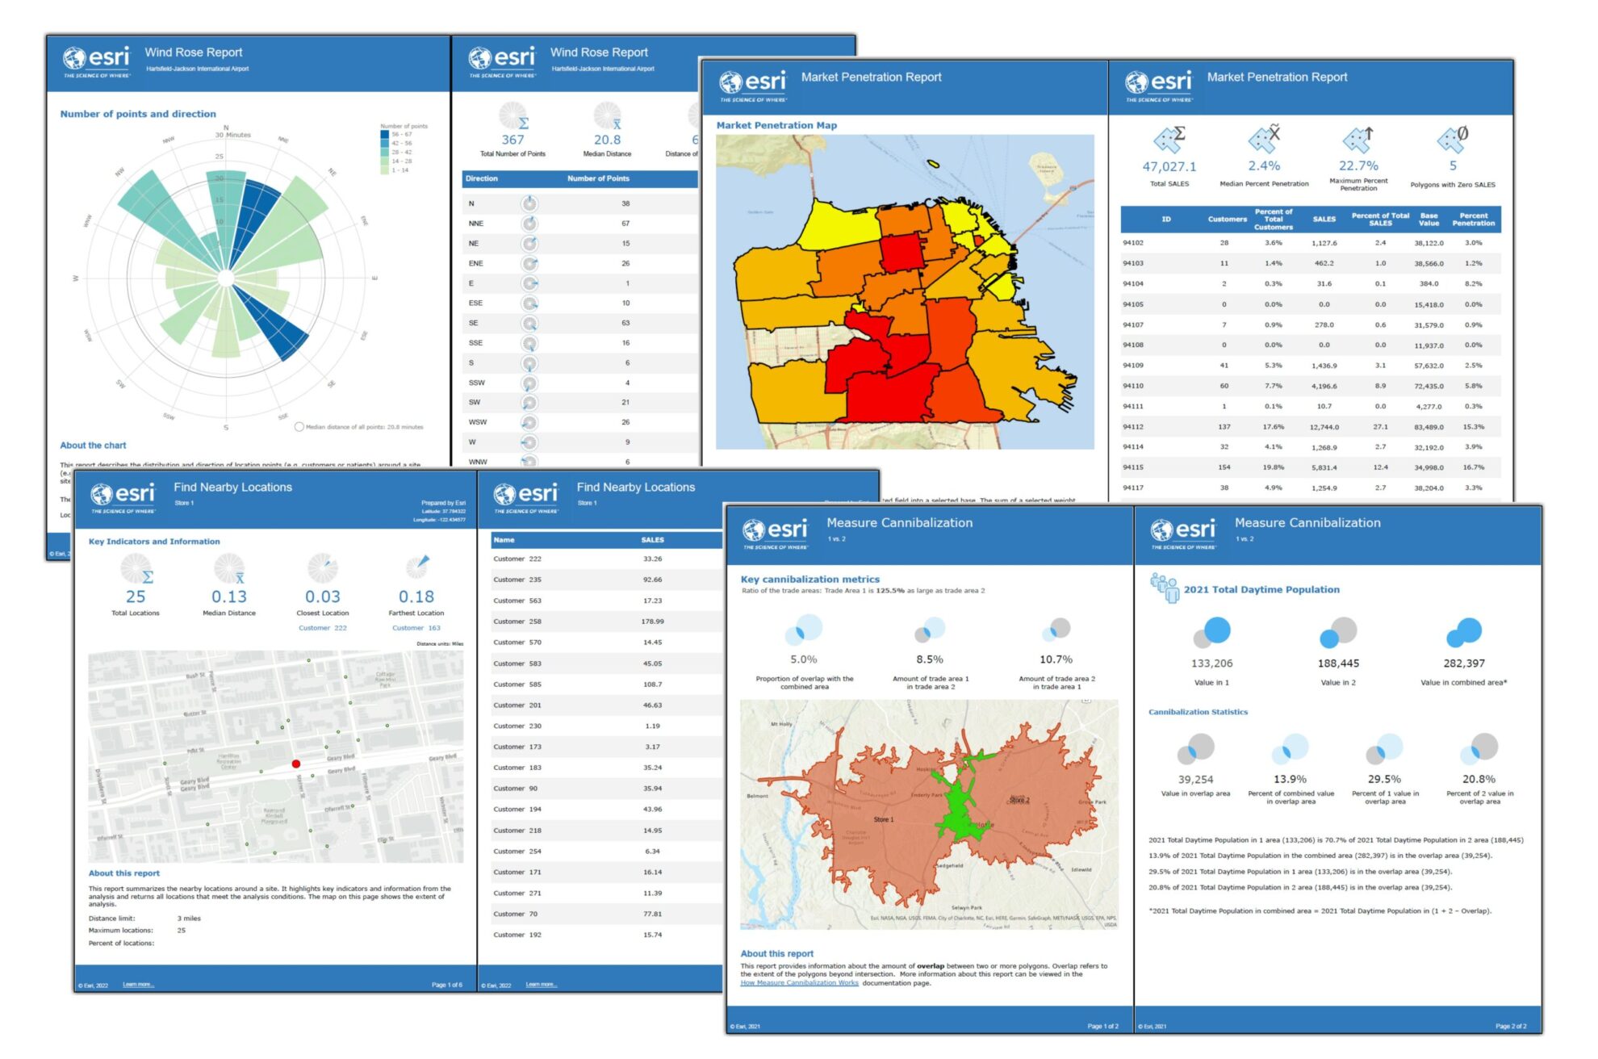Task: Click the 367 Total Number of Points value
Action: (x=512, y=140)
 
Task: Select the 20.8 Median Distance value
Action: (x=607, y=140)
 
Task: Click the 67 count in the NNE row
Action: (x=625, y=224)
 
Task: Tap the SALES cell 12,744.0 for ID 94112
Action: (x=1324, y=427)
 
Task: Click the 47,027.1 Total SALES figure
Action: (x=1169, y=167)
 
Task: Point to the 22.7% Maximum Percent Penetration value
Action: (x=1358, y=165)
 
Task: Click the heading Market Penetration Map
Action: (x=776, y=125)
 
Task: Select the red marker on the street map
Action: (x=296, y=764)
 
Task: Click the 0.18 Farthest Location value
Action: (x=416, y=596)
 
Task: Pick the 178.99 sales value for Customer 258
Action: (x=652, y=622)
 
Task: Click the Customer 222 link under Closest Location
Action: (x=322, y=628)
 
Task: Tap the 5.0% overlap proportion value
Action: (x=803, y=659)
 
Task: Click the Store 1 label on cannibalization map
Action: (x=883, y=819)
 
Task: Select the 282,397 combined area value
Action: (x=1463, y=663)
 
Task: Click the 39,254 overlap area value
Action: (x=1195, y=780)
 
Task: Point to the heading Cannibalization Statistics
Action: (x=1198, y=712)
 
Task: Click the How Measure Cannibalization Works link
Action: (x=799, y=983)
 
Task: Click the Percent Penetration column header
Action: (x=1473, y=220)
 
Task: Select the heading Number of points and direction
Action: (x=138, y=114)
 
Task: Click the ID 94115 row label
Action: (x=1132, y=467)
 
